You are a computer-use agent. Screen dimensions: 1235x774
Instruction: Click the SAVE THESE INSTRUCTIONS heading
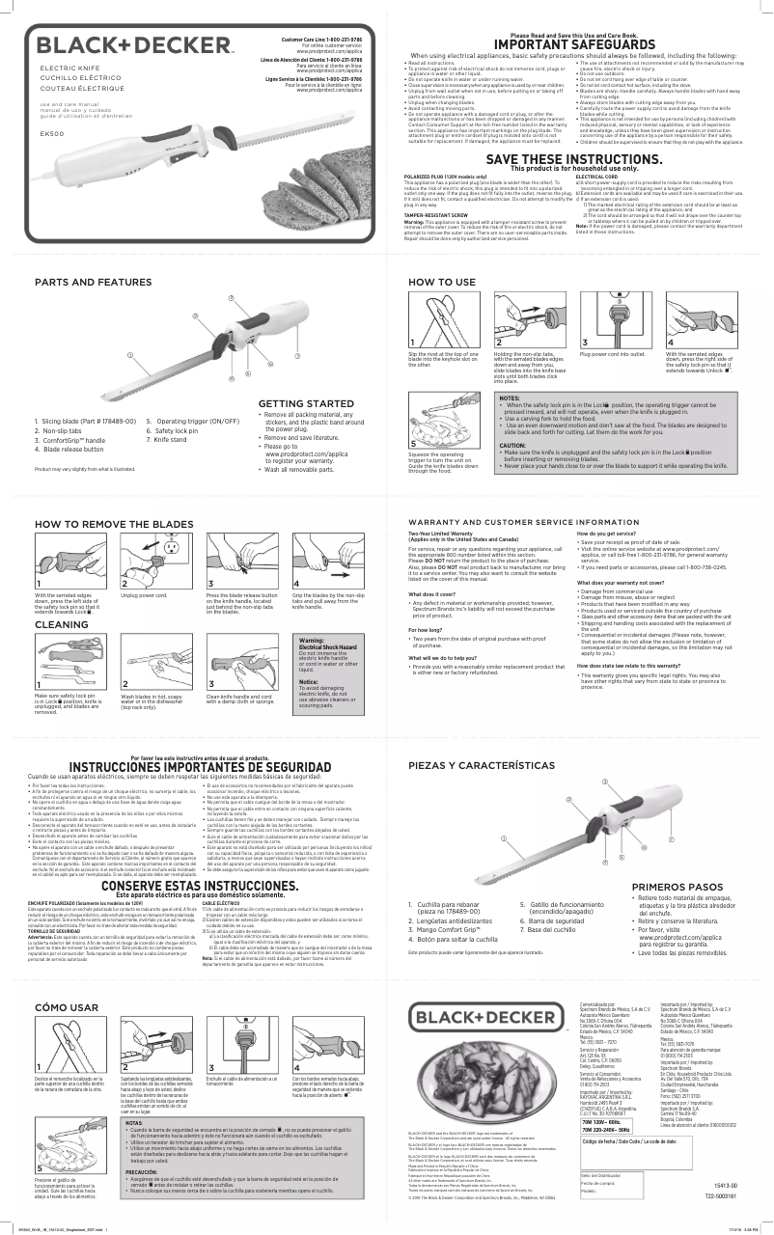tap(574, 158)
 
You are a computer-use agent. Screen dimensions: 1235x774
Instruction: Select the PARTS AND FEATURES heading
tap(93, 282)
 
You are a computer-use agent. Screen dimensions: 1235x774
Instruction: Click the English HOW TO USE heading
tap(442, 282)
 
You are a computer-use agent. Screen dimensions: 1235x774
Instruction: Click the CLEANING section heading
tap(62, 625)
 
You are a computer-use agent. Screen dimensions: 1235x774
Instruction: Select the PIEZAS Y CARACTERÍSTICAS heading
tap(484, 764)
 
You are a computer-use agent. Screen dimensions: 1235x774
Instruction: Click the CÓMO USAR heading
tap(66, 1008)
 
